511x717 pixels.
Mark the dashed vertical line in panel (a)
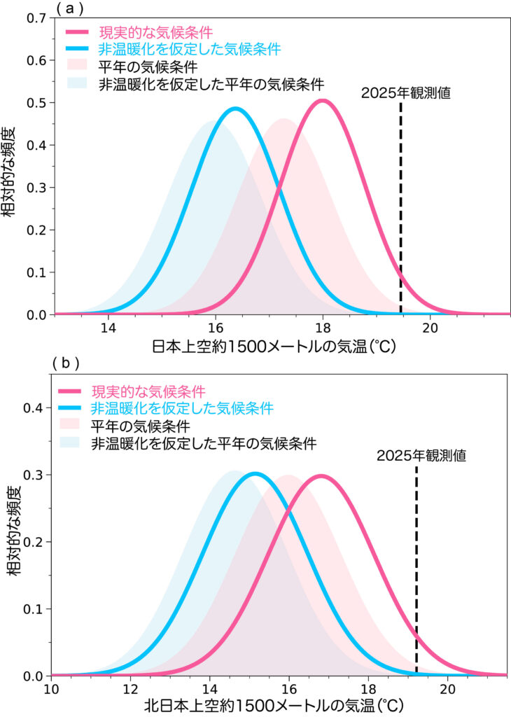pos(400,210)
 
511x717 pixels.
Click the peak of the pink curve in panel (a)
pos(323,101)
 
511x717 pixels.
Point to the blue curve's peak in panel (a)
pos(236,109)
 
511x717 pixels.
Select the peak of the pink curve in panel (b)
pos(321,476)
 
